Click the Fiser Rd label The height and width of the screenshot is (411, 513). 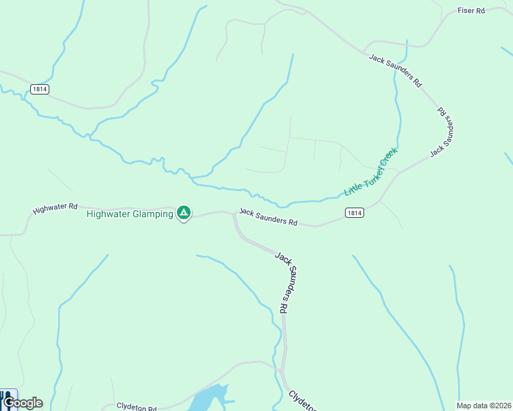(x=471, y=11)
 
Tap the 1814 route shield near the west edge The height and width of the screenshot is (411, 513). (x=39, y=90)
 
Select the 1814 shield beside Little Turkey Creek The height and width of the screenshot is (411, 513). (x=354, y=213)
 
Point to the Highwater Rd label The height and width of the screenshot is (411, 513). (x=56, y=207)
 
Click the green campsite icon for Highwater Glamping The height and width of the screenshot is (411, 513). (x=183, y=213)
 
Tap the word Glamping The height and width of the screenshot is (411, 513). (x=152, y=214)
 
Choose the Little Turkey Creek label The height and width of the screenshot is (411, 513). (x=371, y=172)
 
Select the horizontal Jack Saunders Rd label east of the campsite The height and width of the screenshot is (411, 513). (x=268, y=217)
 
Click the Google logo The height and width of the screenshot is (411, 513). (x=23, y=403)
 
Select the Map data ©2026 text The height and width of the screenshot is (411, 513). (x=484, y=406)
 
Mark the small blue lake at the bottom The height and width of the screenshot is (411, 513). (x=207, y=399)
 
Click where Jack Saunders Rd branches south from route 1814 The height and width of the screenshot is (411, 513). (x=235, y=214)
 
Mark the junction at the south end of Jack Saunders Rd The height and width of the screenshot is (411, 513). (x=282, y=371)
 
